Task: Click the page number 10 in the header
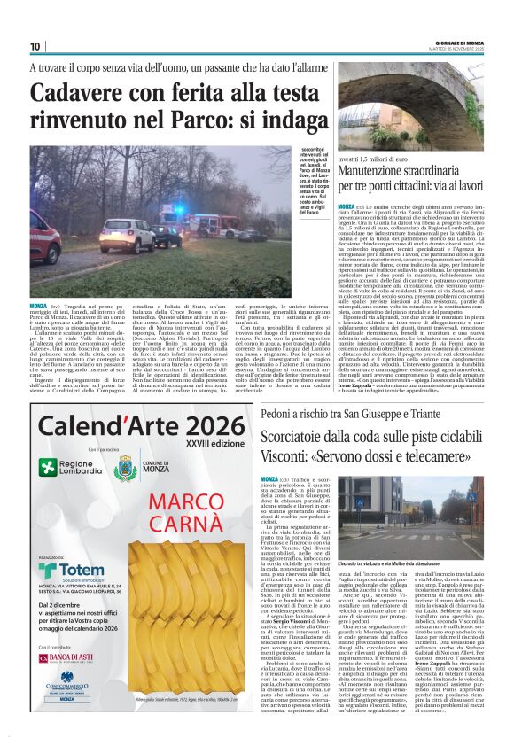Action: point(35,46)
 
